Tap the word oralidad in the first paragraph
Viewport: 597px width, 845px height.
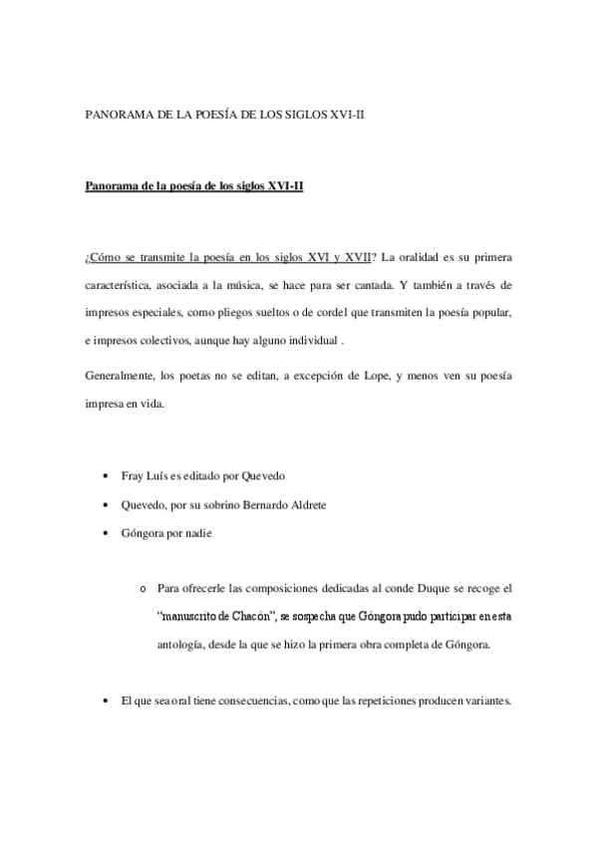(x=422, y=258)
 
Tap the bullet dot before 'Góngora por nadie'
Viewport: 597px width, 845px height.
(x=106, y=533)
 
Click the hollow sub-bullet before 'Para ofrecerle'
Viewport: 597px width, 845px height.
(x=145, y=590)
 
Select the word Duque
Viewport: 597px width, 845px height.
(x=411, y=589)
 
